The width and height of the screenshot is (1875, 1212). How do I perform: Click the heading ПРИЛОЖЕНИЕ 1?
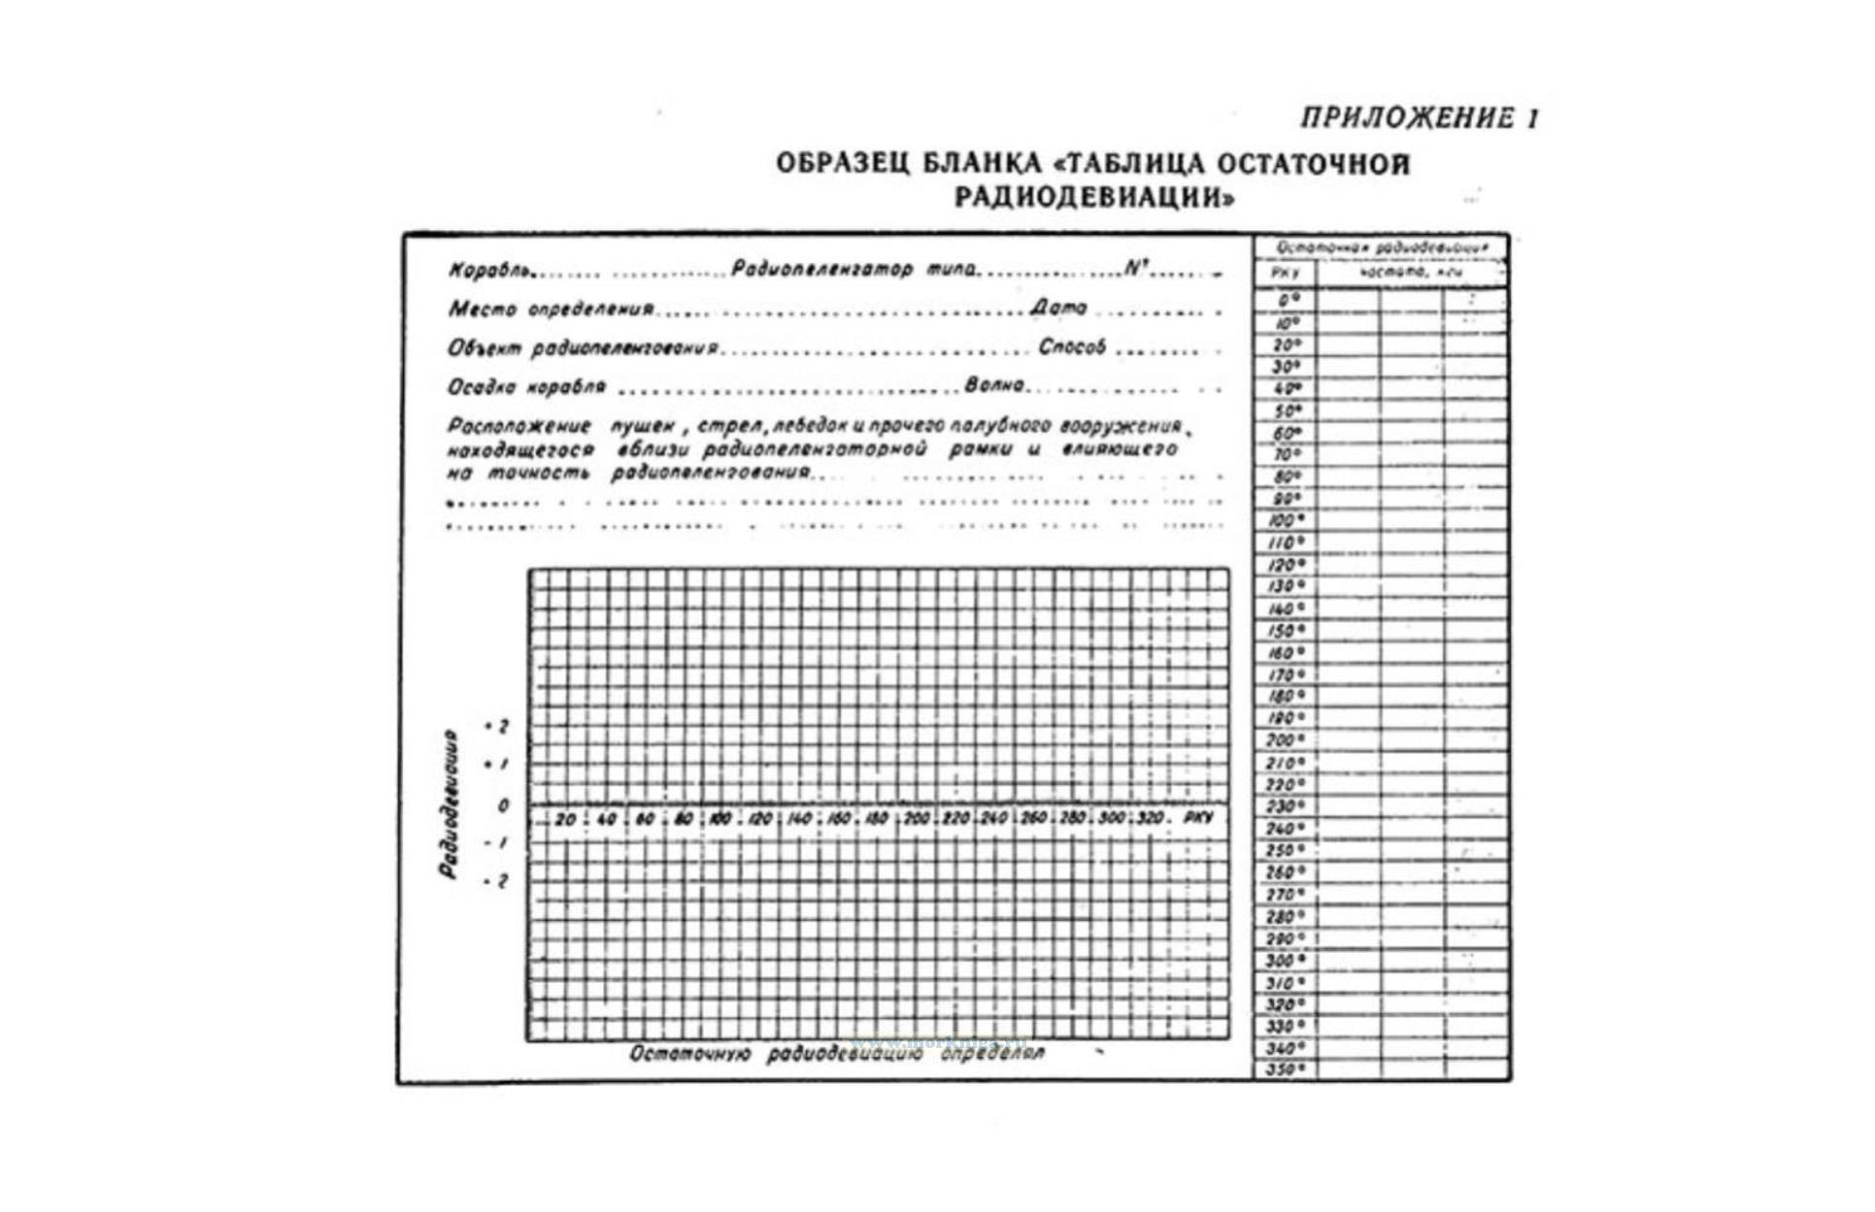click(1420, 118)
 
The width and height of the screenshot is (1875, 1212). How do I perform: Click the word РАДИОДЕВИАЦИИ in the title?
click(1094, 198)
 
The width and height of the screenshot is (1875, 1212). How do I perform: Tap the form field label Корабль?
click(490, 271)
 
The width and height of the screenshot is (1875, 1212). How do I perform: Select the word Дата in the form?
click(1058, 308)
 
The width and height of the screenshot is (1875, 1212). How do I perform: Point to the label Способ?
click(1072, 346)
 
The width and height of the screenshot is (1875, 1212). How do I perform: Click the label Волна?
click(994, 385)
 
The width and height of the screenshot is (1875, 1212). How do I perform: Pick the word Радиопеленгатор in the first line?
click(821, 269)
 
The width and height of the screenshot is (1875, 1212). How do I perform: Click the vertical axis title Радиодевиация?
click(449, 803)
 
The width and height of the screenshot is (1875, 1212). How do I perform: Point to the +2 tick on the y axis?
click(497, 726)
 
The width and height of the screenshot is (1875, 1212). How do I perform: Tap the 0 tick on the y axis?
click(503, 805)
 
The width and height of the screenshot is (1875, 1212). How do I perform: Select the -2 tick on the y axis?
click(497, 881)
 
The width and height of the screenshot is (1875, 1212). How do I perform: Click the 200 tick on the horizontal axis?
click(917, 819)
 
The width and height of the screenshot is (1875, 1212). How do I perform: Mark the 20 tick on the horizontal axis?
click(565, 819)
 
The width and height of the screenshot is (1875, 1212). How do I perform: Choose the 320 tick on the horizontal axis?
click(1151, 818)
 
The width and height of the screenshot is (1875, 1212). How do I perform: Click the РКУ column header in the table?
click(1285, 274)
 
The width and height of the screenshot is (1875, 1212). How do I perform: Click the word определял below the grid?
click(992, 1054)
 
